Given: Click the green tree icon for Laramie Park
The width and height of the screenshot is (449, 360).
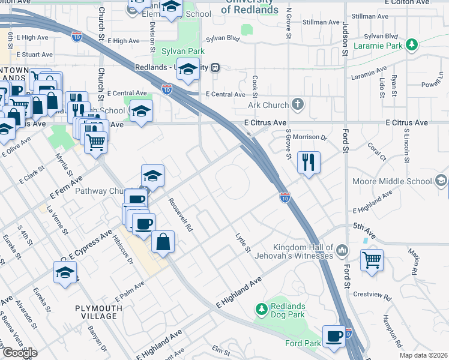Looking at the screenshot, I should (411, 44).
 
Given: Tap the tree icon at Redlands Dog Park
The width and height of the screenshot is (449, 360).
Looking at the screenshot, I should (261, 310).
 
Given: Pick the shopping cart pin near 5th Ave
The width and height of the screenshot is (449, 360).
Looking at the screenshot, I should (372, 260).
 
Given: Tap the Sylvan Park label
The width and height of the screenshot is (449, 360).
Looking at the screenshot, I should (179, 52).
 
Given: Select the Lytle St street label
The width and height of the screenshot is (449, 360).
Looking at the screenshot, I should (242, 243).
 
